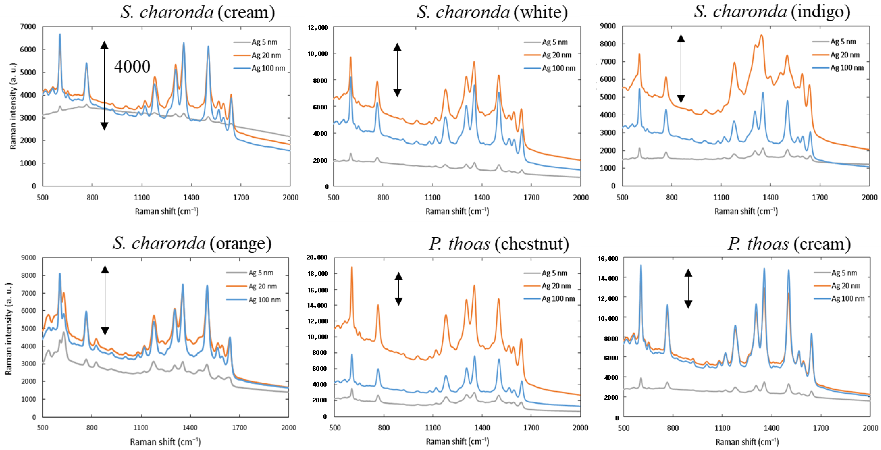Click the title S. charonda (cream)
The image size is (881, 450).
coord(197,12)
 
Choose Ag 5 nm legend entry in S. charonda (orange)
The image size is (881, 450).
coord(261,273)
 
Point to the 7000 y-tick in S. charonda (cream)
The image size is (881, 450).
coord(29,27)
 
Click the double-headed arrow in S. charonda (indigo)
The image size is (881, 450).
coord(681,68)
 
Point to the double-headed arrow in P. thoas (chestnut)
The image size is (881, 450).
coord(398,289)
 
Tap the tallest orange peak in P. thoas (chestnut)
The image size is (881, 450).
coord(351,267)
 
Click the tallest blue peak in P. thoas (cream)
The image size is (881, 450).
coord(641,265)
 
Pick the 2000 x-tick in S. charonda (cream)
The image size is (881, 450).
coord(290,197)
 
